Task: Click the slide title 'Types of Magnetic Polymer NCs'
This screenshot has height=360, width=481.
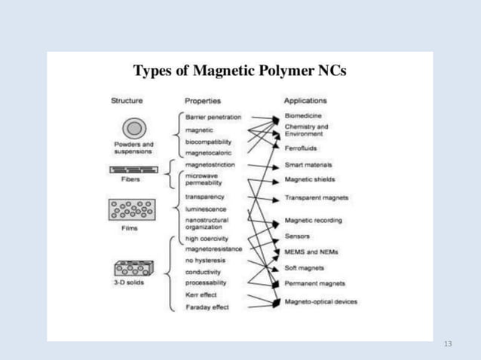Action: [x=240, y=72]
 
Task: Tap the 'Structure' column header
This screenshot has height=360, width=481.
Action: [x=127, y=100]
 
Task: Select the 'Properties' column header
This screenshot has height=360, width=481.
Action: [x=202, y=100]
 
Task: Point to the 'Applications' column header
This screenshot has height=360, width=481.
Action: [x=305, y=100]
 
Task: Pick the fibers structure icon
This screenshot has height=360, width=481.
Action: [x=132, y=170]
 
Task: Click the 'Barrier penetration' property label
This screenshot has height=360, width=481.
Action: [x=213, y=117]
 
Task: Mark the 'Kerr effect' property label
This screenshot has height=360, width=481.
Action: [x=202, y=295]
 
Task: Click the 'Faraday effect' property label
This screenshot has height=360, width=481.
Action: [x=207, y=307]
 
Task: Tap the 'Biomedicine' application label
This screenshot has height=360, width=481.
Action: [x=303, y=116]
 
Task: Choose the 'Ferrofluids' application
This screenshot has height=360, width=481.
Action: [x=301, y=148]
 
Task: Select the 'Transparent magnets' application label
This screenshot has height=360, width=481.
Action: [x=317, y=198]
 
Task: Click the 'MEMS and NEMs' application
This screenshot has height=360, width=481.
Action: [x=310, y=252]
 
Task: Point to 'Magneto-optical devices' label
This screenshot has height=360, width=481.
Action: [x=320, y=301]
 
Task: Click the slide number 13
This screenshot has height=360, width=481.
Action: [x=449, y=343]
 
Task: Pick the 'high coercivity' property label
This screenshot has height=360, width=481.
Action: [x=207, y=239]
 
